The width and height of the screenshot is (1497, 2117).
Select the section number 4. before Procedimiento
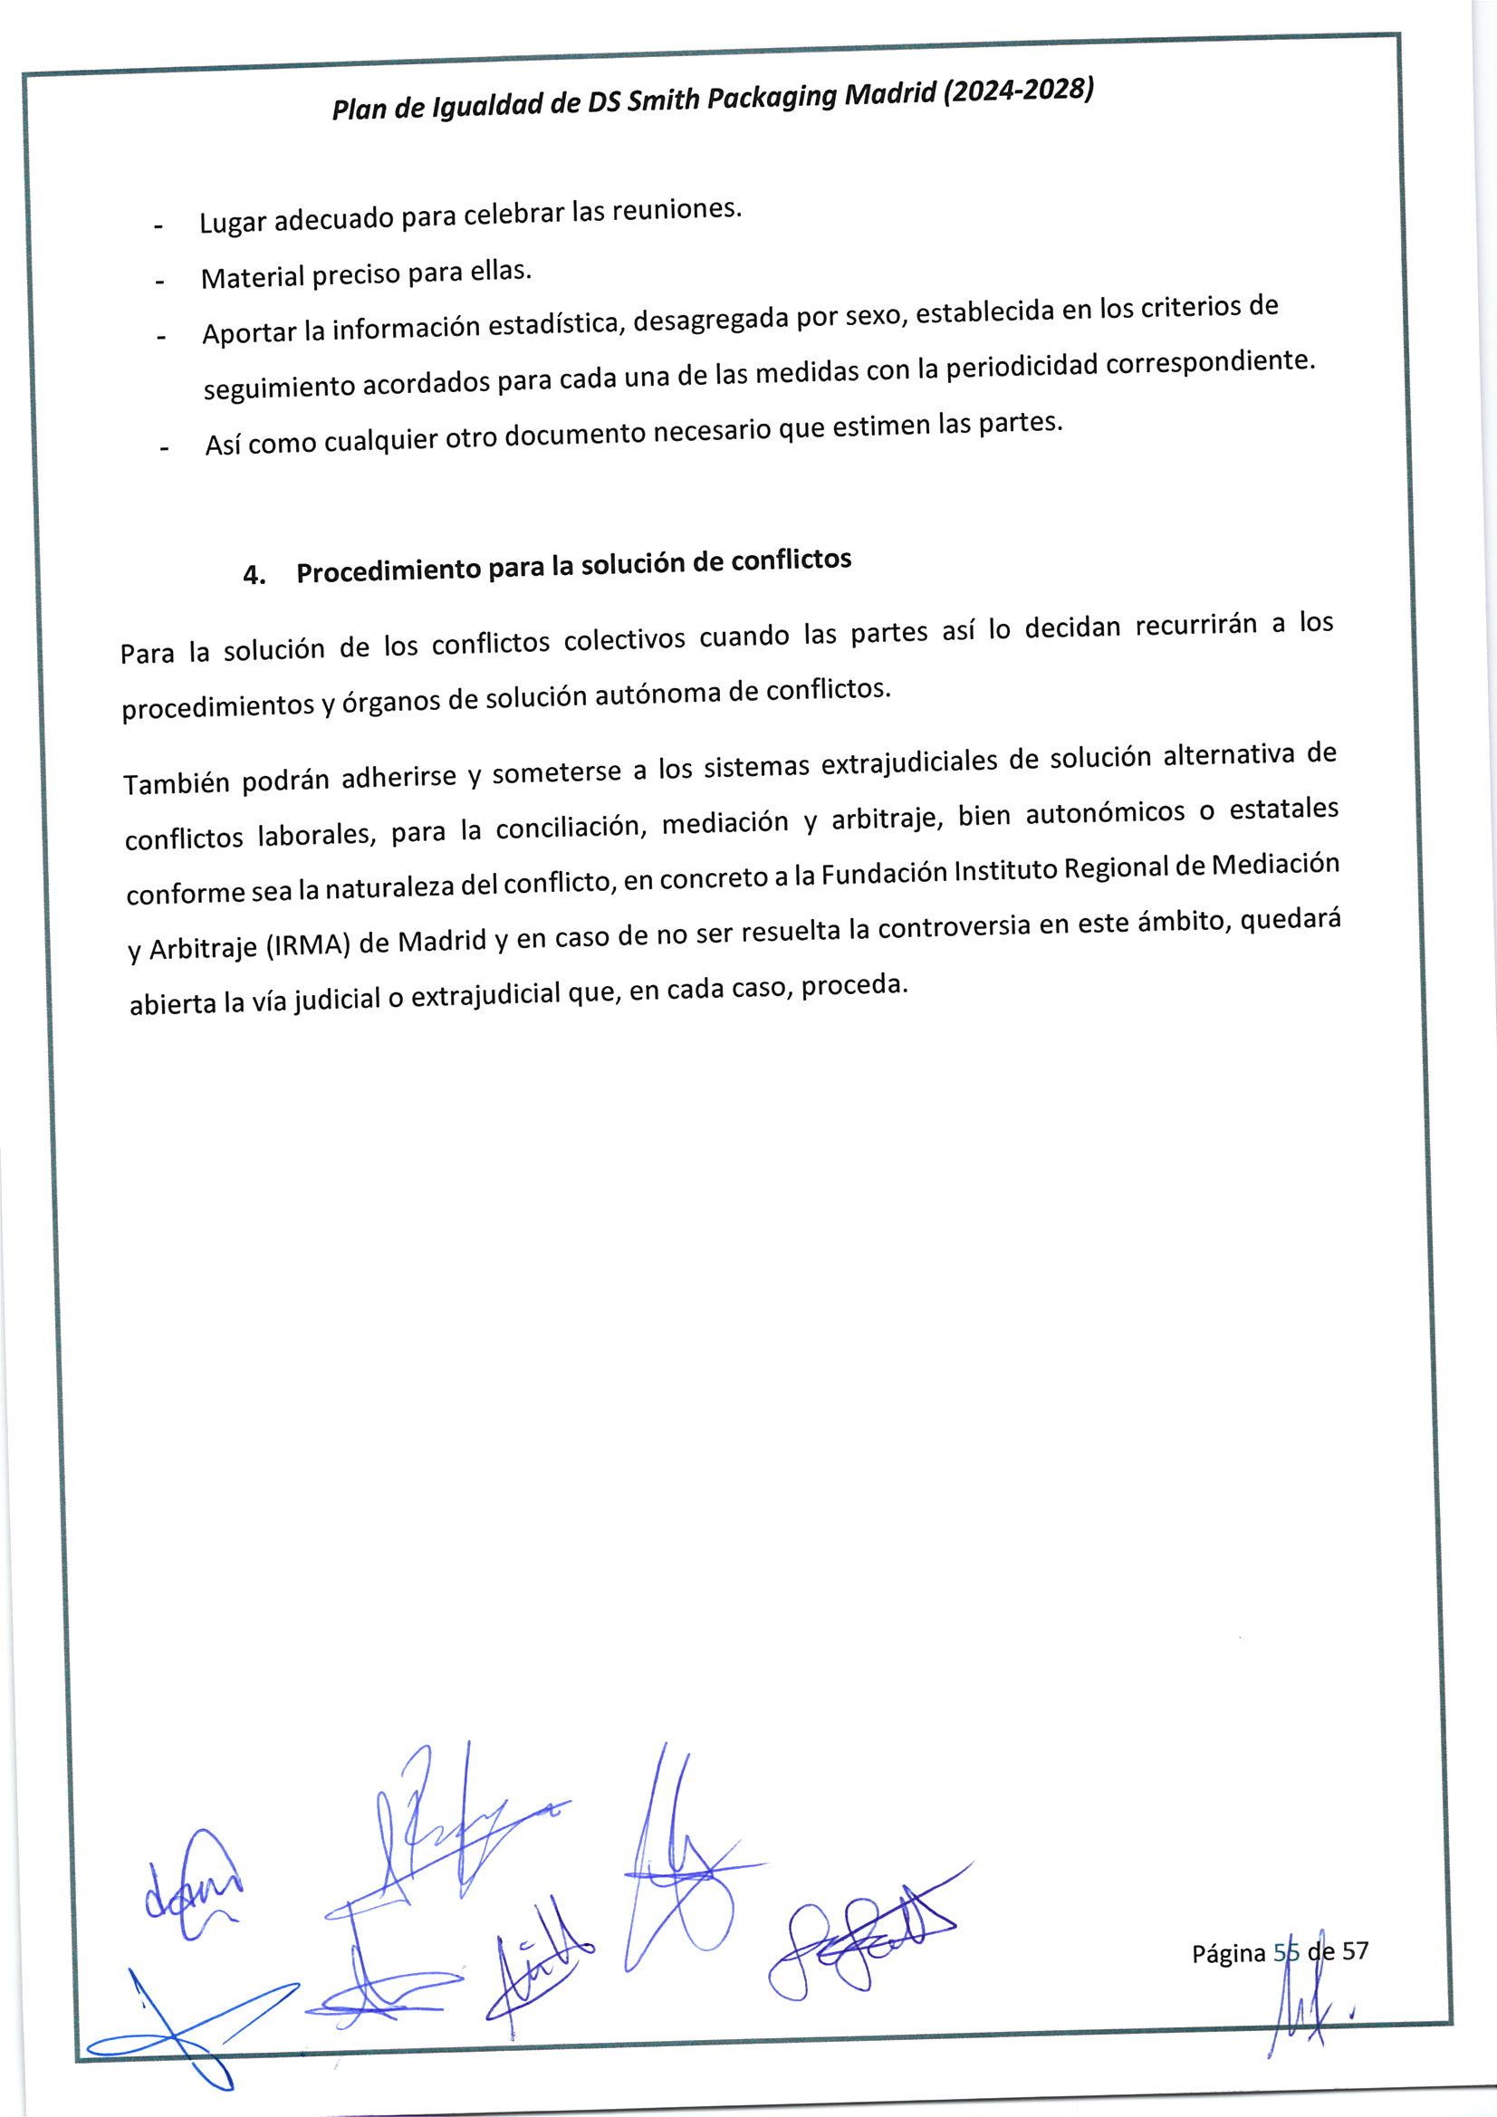click(x=254, y=575)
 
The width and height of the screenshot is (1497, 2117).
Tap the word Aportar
click(x=249, y=333)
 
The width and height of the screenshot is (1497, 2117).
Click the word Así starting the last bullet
click(x=224, y=445)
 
